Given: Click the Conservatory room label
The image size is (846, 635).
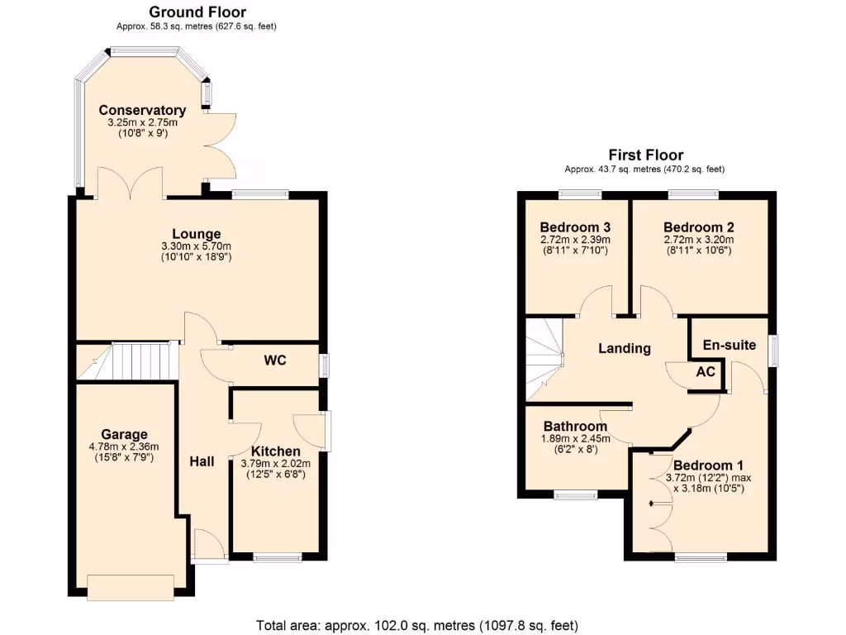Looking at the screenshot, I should pos(142,110).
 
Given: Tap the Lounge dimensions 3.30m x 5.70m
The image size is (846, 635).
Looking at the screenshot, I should pos(197,246).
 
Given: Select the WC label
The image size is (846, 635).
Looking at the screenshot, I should pos(275,360).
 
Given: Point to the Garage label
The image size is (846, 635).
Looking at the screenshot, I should pos(124,434).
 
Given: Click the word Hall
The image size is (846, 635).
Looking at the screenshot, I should pos(202,461).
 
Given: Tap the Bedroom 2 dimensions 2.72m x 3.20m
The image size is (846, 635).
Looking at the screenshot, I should pos(698,240).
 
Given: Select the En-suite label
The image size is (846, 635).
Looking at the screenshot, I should pos(729,345).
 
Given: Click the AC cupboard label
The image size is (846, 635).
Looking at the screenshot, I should pos(705,372).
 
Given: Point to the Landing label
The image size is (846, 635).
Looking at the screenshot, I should pos(624,348).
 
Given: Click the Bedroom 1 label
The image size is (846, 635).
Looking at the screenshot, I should pos(702,465).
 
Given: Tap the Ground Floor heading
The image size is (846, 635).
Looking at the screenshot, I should pos(197,12).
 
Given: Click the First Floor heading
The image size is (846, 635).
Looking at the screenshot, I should pos(645,155).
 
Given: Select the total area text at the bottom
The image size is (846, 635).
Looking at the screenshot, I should pos(416,624).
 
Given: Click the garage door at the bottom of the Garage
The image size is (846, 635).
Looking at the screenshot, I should pos(131,586).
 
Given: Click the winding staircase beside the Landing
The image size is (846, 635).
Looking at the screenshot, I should pos(543,356).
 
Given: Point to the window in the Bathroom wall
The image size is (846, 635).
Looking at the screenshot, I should pos(575,495).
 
